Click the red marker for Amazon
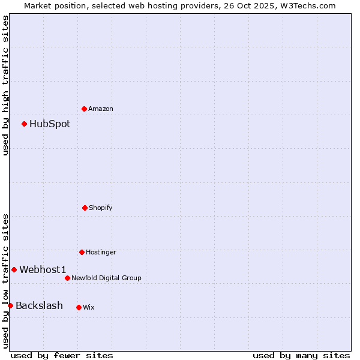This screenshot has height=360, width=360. point(84,109)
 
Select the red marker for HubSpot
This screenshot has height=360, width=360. point(25,124)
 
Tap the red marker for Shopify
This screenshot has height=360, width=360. point(85,208)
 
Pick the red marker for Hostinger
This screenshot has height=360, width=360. point(82,252)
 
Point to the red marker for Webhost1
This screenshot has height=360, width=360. point(14,269)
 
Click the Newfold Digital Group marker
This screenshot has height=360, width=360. point(67,278)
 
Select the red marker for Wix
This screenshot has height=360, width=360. point(79,307)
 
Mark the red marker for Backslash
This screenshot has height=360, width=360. point(10,306)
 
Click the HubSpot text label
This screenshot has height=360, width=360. point(50,124)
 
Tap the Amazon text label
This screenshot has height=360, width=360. point(101,109)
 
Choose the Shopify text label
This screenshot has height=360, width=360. point(101,208)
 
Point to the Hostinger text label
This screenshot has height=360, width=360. point(101,252)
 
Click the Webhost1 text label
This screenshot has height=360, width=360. point(43,270)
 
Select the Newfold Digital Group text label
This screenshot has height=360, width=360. point(106,278)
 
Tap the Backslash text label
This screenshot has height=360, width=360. point(39,306)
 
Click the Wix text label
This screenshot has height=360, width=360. point(89,307)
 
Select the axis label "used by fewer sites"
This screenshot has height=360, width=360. point(62,355)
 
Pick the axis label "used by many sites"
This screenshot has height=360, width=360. point(301,355)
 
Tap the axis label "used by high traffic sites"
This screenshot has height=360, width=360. point(5,85)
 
